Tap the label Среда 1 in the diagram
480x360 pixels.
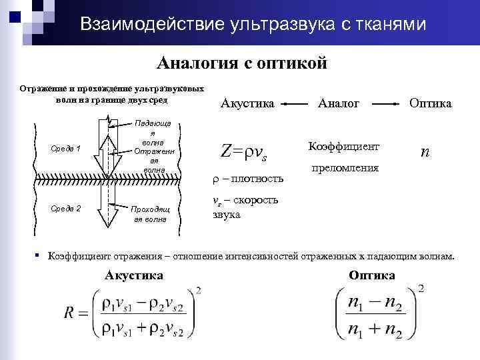(65, 148)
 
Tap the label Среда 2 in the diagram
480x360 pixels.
(65, 209)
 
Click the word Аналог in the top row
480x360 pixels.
(339, 104)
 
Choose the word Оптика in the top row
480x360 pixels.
(430, 104)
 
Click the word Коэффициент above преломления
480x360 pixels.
(344, 145)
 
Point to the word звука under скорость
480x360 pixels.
(226, 215)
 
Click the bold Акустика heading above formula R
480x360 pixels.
(134, 275)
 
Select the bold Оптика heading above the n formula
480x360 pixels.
(371, 275)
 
